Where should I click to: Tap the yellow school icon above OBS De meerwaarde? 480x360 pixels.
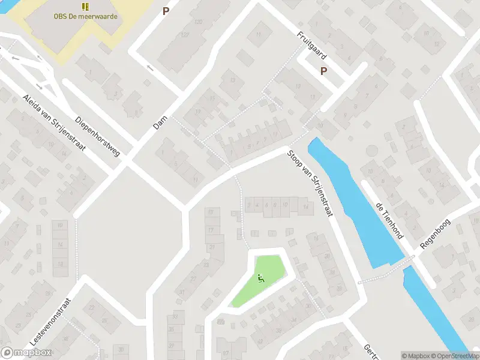pyautogui.click(x=85, y=7)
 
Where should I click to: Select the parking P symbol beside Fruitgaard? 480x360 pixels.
pyautogui.click(x=323, y=71)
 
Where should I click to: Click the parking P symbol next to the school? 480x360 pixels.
pyautogui.click(x=166, y=11)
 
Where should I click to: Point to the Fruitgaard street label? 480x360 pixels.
pyautogui.click(x=311, y=45)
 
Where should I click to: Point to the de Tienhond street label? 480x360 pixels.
pyautogui.click(x=389, y=220)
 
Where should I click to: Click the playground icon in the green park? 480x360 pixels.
pyautogui.click(x=260, y=278)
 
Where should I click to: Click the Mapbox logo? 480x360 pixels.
pyautogui.click(x=26, y=353)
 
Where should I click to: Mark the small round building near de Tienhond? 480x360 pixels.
pyautogui.click(x=372, y=150)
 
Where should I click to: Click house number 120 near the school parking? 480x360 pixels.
pyautogui.click(x=197, y=23)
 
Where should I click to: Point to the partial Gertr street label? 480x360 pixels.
pyautogui.click(x=370, y=353)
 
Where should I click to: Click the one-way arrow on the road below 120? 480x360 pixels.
pyautogui.click(x=149, y=67)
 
